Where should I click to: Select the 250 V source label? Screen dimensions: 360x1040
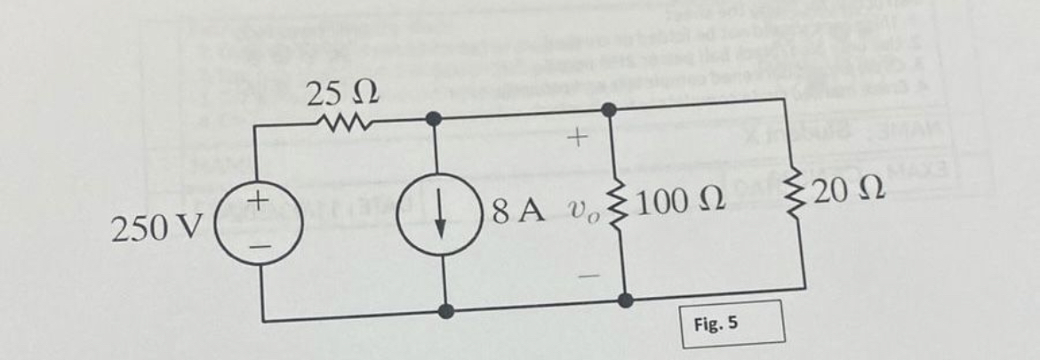[147, 229]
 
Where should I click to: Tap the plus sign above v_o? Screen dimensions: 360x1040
[578, 138]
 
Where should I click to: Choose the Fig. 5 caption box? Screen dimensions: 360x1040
[732, 323]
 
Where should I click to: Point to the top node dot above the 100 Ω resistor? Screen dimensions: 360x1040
[610, 109]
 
